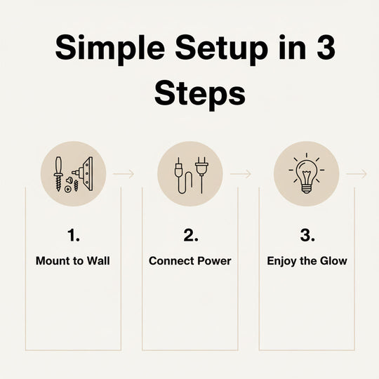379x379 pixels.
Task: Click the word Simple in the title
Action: tap(110, 48)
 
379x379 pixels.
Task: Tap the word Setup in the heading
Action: tap(221, 48)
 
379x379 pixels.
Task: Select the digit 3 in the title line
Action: tap(326, 47)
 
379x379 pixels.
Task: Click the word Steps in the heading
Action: tap(200, 95)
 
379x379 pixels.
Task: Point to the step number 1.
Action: tap(73, 235)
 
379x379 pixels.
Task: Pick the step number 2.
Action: tap(191, 235)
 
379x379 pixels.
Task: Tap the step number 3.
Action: tap(307, 235)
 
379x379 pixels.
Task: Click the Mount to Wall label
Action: tap(73, 261)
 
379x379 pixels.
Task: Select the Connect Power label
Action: tap(190, 261)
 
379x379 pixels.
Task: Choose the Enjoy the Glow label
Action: tap(307, 261)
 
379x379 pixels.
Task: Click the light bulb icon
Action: tap(307, 173)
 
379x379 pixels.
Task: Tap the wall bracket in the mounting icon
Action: tap(88, 174)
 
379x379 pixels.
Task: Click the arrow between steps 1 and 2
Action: tap(124, 174)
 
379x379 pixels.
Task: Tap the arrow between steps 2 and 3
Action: tap(241, 174)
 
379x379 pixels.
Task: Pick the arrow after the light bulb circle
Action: tap(357, 174)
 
